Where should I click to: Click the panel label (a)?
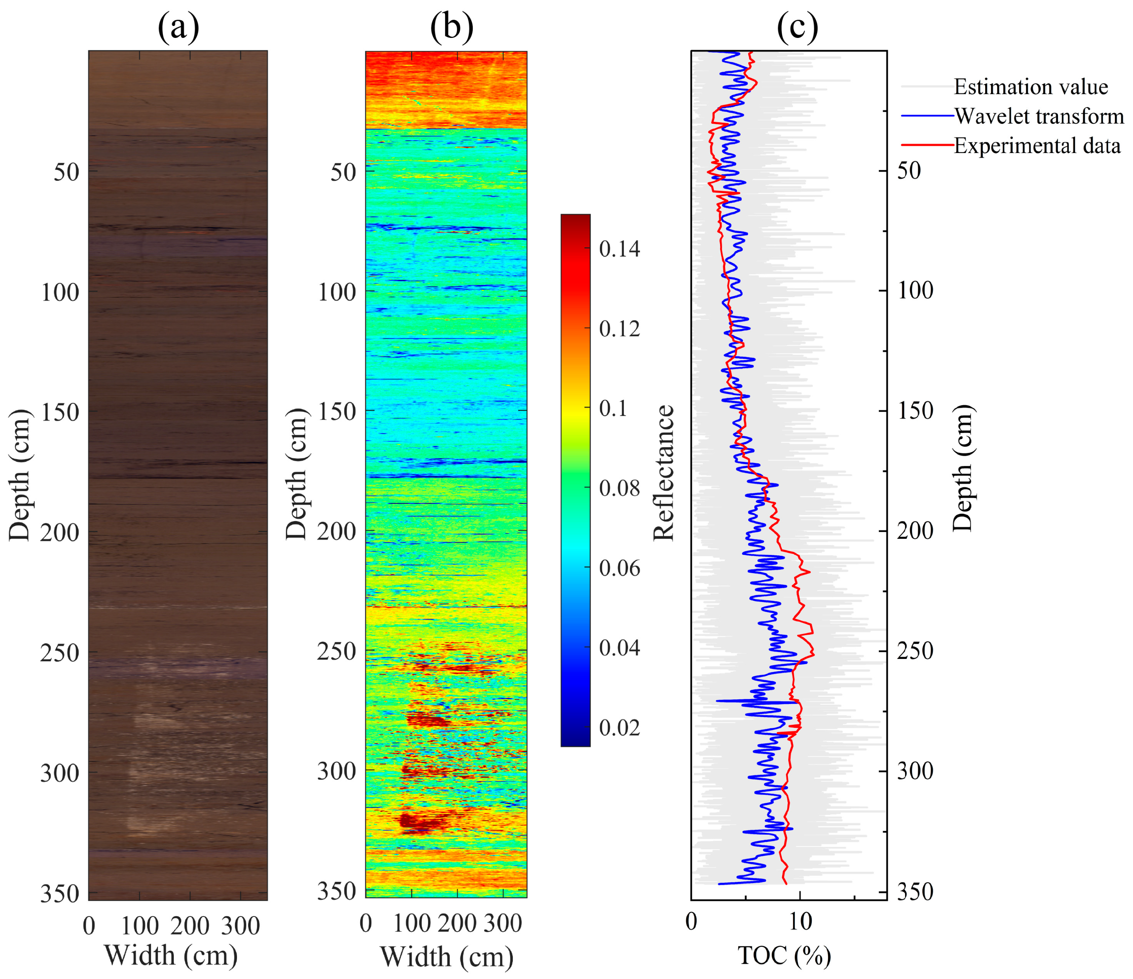pos(178,27)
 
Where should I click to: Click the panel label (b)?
pos(452,27)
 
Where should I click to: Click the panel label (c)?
pos(797,27)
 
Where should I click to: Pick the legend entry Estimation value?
pos(1030,87)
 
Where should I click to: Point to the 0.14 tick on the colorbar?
pos(619,249)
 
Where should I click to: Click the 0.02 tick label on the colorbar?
pos(619,728)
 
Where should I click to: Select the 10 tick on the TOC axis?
pos(800,922)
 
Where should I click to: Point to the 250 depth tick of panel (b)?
pos(337,652)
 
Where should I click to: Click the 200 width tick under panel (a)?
pos(190,926)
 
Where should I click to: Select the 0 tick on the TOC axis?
pos(692,922)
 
